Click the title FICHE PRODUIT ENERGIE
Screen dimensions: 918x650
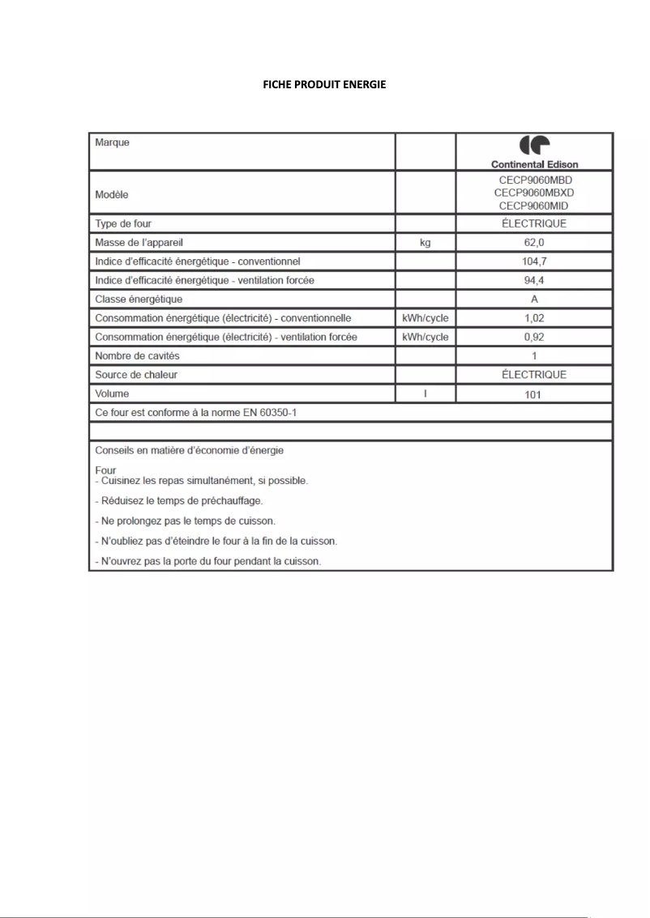324,85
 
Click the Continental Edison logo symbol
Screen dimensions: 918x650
534,146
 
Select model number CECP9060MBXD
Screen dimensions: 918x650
534,193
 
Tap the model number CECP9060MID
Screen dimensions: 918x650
534,206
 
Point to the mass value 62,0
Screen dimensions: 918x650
534,242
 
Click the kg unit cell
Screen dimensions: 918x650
425,242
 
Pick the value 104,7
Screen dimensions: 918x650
534,261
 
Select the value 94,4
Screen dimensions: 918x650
534,280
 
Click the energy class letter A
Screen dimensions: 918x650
534,300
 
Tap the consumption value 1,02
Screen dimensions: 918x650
534,318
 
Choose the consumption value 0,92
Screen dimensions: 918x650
534,337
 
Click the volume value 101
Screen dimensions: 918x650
534,395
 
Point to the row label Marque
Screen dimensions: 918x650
113,142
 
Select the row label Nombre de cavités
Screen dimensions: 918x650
137,356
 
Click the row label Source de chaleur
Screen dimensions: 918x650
136,375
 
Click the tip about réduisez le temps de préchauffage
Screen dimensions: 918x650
179,501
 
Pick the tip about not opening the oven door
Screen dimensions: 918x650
208,561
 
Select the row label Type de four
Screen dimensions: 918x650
123,223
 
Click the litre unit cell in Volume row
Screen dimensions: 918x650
425,394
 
